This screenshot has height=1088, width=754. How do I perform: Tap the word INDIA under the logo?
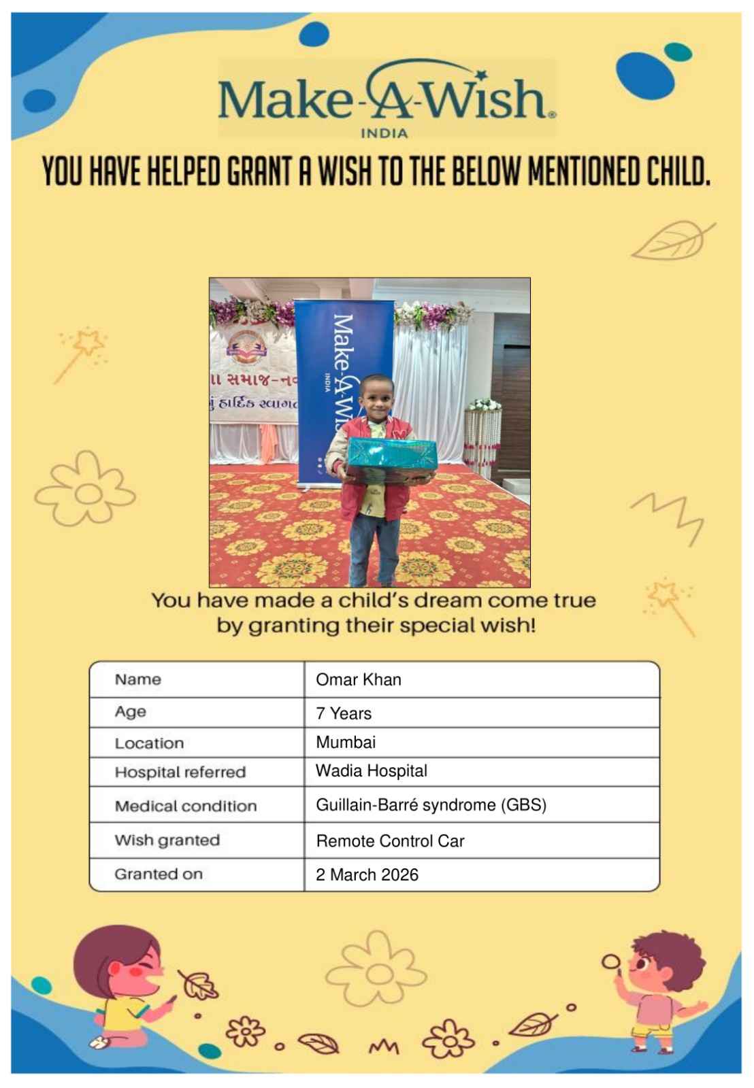384,133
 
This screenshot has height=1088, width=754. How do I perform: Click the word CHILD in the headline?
677,172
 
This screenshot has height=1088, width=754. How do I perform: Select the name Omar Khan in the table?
358,679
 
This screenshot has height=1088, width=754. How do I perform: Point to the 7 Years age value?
344,713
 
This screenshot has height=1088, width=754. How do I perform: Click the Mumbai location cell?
345,742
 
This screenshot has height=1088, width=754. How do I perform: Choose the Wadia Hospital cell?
371,770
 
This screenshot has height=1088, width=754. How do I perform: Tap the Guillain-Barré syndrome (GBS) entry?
431,805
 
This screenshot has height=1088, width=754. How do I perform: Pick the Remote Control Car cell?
390,841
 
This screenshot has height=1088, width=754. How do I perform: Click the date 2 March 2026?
367,874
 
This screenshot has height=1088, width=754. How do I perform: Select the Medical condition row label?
185,806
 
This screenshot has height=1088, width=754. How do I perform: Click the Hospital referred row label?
180,772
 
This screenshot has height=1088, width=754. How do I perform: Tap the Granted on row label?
158,874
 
